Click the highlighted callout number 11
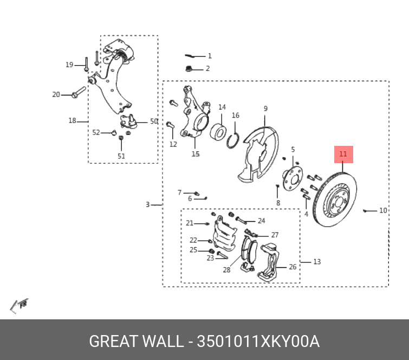(343, 155)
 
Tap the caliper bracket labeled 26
(271, 262)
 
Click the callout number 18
(72, 121)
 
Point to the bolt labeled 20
(79, 92)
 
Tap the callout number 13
(317, 262)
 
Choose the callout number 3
(147, 204)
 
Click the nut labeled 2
(189, 68)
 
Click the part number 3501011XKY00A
(258, 342)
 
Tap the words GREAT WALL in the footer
(136, 342)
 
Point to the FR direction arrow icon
(20, 305)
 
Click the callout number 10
(383, 210)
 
